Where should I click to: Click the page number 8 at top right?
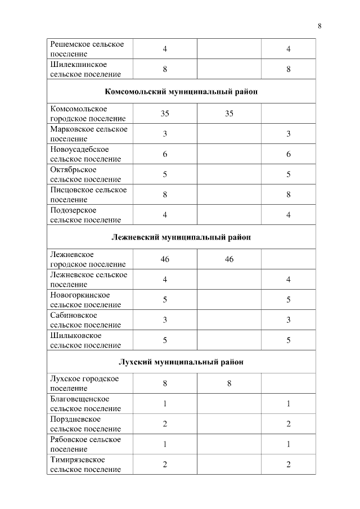(319, 26)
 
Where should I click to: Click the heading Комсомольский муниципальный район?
(181, 92)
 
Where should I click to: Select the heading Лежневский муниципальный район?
(181, 237)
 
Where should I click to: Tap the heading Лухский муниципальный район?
(181, 362)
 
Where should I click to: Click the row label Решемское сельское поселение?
(87, 49)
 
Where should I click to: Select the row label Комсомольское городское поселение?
(88, 113)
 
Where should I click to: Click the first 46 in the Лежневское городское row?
(165, 259)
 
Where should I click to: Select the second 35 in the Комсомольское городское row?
(229, 113)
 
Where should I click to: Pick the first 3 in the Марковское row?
(165, 133)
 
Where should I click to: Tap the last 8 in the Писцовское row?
(288, 194)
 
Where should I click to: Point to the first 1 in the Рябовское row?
(165, 444)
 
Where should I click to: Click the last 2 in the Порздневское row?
(288, 424)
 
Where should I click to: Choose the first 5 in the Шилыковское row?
(165, 340)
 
